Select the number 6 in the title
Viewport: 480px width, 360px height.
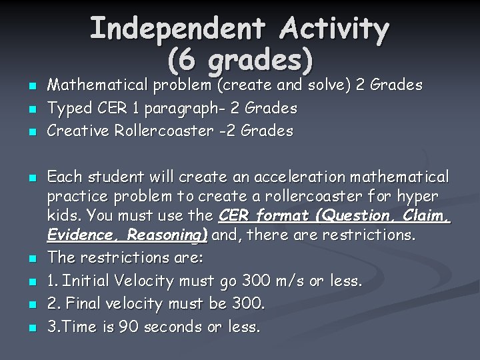click(187, 61)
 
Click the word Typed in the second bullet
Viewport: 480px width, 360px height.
click(67, 108)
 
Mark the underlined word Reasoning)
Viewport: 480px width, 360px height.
click(167, 235)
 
